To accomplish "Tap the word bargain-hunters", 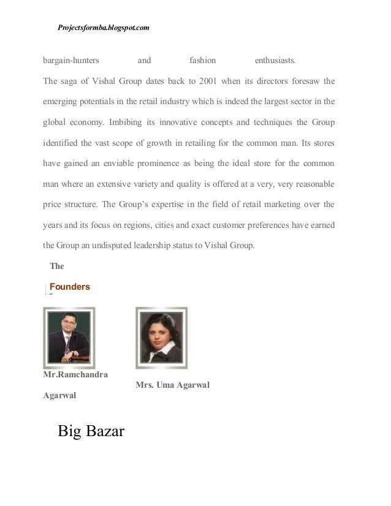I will (x=72, y=61).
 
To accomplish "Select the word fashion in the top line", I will (x=202, y=61).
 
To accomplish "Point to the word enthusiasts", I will (x=275, y=61).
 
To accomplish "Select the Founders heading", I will (x=69, y=287).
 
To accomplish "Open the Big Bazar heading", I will (x=91, y=432).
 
